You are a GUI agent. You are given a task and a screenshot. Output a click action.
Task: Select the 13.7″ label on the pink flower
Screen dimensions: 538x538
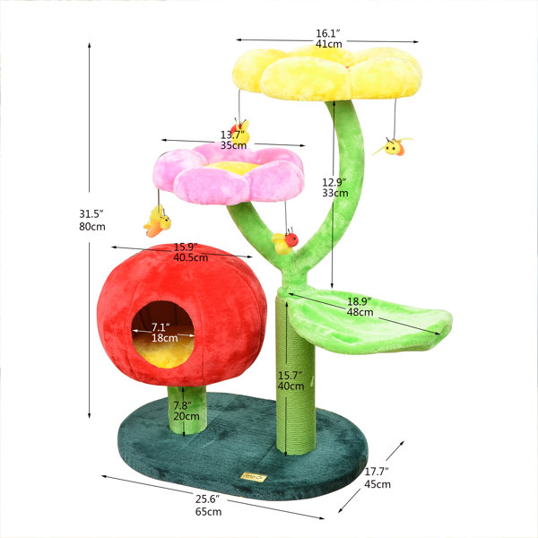coord(233,136)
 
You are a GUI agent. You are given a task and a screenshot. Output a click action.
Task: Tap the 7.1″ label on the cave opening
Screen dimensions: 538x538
coord(162,325)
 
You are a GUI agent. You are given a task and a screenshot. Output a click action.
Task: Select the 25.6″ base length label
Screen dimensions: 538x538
coord(208,498)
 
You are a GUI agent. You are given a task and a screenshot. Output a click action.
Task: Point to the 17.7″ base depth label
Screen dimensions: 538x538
coord(377,472)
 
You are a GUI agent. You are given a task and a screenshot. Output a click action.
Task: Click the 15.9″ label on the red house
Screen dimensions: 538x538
coord(185,247)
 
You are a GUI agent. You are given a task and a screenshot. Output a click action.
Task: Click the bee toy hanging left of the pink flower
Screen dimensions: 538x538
coord(158,220)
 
